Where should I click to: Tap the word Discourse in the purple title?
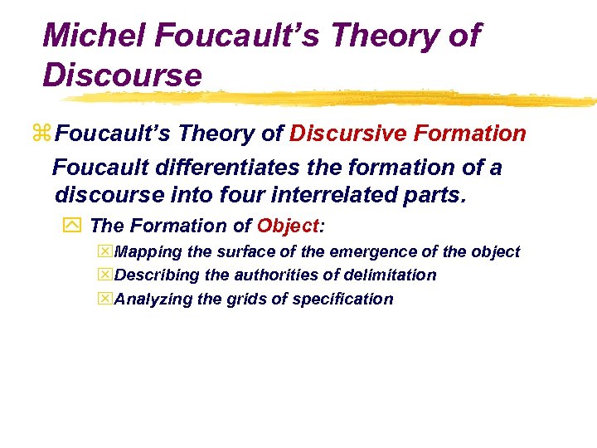coord(122,75)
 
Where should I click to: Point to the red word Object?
coord(288,226)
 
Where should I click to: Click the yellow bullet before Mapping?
coord(104,251)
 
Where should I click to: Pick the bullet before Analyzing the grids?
coord(104,299)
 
